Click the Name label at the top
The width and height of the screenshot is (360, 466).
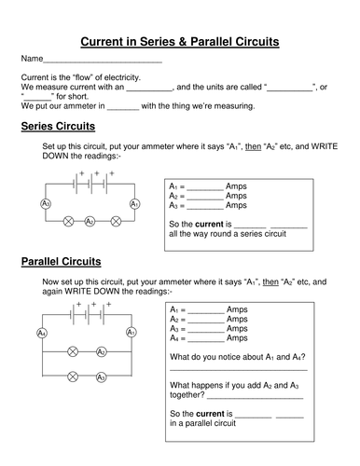point(32,61)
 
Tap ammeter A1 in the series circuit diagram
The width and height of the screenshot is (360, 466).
point(134,203)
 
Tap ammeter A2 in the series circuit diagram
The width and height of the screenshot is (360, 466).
point(90,222)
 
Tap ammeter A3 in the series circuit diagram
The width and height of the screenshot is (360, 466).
point(46,203)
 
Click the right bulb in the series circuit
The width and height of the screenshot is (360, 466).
point(116,222)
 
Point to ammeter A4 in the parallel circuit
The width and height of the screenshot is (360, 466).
point(41,333)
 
